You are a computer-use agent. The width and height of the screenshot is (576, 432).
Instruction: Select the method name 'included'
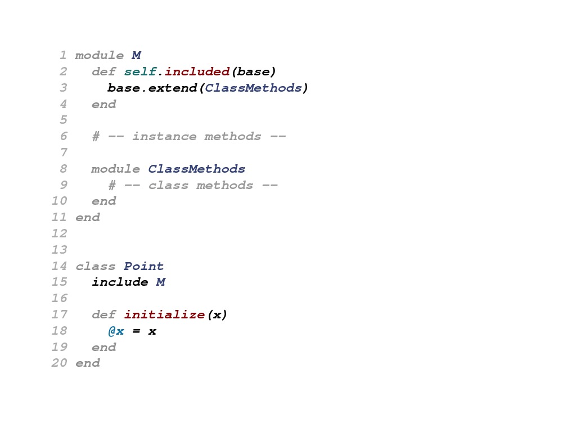[x=197, y=71]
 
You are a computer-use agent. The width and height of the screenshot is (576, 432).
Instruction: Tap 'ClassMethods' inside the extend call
[x=253, y=88]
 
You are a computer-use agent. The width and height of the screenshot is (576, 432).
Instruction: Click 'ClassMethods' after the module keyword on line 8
[x=197, y=169]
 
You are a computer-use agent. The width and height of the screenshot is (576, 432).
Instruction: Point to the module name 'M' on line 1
[x=136, y=55]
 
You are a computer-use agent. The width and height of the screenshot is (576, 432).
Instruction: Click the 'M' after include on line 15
[x=160, y=282]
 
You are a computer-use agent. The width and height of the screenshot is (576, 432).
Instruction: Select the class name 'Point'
[x=144, y=266]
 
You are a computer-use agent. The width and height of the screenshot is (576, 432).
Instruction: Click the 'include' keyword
[x=120, y=282]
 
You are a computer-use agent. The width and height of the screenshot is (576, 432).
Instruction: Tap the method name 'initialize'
[x=164, y=314]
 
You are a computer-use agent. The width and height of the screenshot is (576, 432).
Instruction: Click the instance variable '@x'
[x=116, y=331]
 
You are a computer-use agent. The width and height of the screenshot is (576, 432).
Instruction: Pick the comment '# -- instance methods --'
[x=189, y=136]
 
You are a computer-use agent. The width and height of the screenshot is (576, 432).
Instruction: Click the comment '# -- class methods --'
[x=193, y=185]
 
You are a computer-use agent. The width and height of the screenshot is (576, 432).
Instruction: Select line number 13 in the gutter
[x=59, y=250]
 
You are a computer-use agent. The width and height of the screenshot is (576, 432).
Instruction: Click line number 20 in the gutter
[x=59, y=363]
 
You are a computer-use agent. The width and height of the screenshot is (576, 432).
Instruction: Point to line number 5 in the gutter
[x=63, y=120]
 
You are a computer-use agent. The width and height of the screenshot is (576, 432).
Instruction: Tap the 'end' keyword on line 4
[x=103, y=104]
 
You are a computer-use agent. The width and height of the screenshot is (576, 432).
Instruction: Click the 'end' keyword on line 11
[x=87, y=217]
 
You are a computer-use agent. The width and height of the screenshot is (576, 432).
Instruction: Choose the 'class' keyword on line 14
[x=96, y=266]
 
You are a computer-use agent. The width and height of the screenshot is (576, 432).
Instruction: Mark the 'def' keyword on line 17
[x=103, y=314]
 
